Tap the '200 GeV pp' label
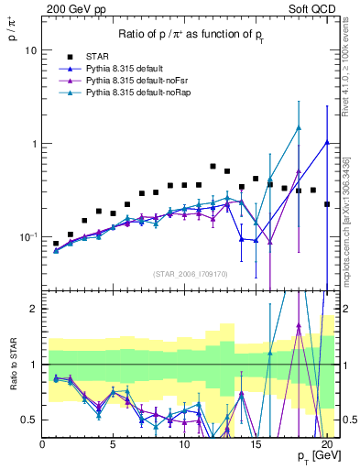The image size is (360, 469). point(71,7)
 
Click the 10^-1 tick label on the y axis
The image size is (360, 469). point(28,237)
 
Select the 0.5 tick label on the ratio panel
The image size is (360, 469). point(30,420)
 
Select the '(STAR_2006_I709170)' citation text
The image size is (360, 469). point(191,272)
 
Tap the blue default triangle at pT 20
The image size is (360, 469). point(327,143)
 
